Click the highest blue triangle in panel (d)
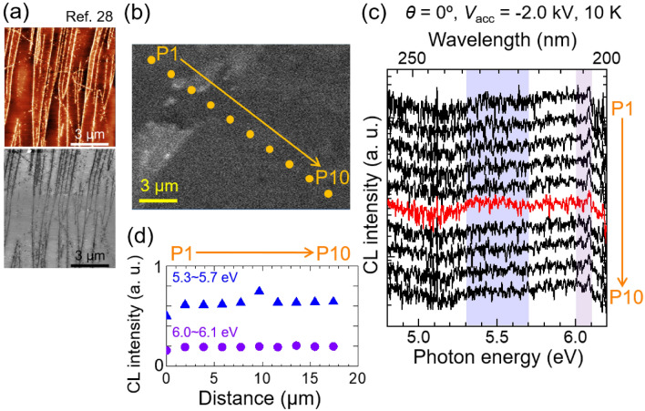(x=259, y=292)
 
